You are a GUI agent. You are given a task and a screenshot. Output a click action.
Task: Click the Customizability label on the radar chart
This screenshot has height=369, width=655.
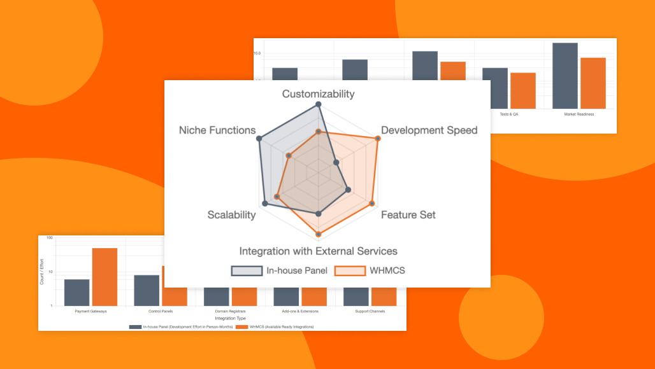(319, 94)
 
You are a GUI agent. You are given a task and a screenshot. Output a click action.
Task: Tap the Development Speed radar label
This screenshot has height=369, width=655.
(429, 130)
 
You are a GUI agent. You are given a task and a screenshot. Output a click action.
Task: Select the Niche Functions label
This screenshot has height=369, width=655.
(217, 130)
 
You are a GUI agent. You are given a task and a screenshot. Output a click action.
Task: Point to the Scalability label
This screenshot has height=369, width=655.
(231, 215)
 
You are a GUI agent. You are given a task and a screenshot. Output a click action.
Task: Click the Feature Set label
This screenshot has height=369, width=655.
(408, 215)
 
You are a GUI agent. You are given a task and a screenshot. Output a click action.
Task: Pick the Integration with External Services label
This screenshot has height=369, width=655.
(319, 251)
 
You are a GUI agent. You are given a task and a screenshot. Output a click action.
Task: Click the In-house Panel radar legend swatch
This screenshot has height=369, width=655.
(247, 270)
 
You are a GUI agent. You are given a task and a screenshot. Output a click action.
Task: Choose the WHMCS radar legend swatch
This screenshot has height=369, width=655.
(350, 270)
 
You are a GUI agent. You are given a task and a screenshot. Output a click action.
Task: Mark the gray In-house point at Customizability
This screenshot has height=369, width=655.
(319, 104)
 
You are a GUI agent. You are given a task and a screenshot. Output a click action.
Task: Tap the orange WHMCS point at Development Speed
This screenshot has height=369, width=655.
(378, 138)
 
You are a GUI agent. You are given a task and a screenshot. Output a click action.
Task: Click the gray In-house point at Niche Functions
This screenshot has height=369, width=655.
(260, 138)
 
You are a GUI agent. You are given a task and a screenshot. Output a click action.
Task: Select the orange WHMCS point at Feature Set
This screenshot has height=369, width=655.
(373, 204)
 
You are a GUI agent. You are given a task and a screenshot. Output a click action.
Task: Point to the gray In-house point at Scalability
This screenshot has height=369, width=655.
(265, 204)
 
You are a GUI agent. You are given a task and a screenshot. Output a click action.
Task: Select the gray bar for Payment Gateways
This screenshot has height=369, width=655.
(77, 293)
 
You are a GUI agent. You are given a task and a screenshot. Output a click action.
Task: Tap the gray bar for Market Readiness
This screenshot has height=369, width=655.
(565, 76)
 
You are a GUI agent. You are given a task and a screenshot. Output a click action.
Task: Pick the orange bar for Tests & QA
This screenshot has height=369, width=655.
(523, 90)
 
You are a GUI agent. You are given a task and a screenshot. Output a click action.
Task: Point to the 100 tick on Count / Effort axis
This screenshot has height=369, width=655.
(48, 238)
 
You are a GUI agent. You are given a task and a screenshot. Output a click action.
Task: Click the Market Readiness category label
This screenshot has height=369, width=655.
(579, 115)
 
